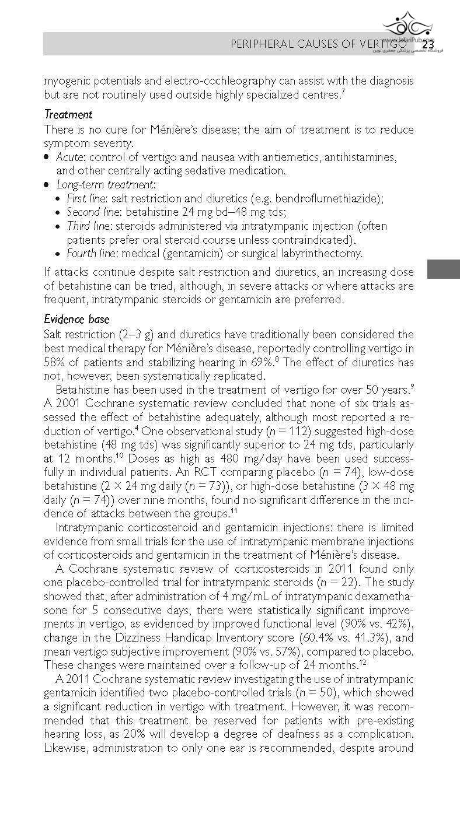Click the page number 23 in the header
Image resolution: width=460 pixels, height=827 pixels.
(428, 44)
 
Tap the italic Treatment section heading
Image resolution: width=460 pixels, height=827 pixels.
(68, 115)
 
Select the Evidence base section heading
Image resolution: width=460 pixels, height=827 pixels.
(76, 319)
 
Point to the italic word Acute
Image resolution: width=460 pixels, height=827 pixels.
(68, 157)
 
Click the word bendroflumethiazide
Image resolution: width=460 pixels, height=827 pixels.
(326, 198)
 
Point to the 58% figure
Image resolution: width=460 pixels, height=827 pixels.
(55, 363)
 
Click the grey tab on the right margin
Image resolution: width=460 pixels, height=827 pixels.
(443, 269)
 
